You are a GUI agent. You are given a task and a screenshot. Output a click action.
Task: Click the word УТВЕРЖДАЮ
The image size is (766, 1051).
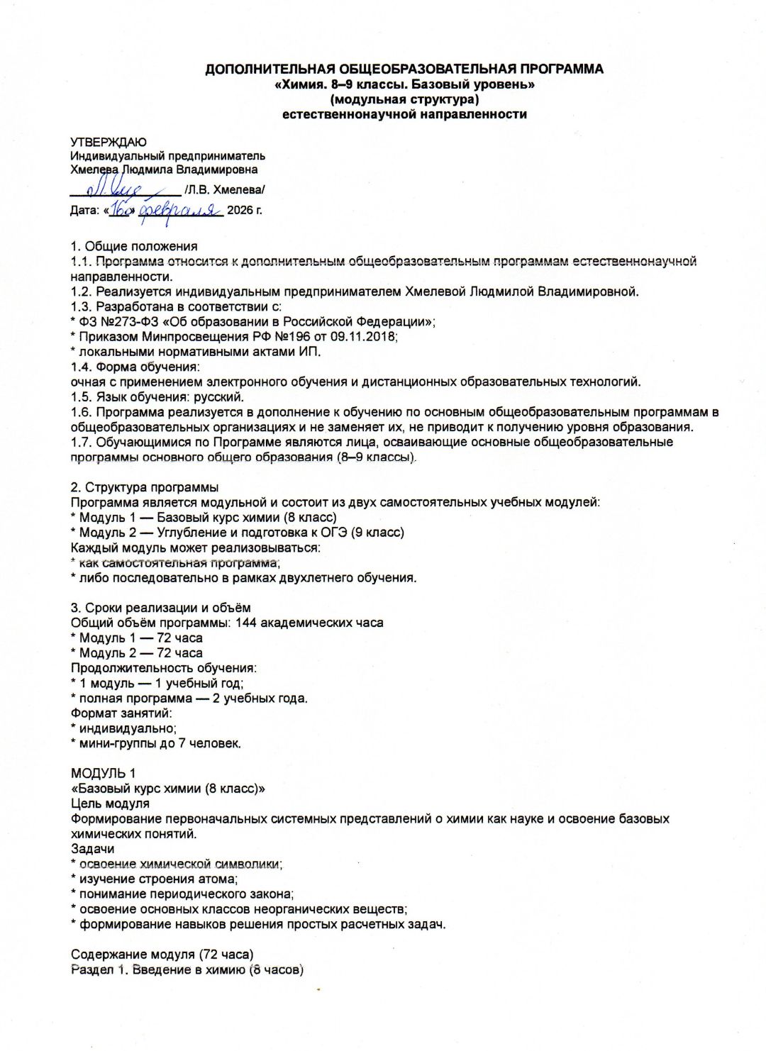coord(109,142)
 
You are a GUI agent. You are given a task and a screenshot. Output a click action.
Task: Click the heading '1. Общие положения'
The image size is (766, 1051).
coord(134,246)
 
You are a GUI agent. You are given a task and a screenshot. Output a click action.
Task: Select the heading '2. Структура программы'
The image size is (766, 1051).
coord(145,487)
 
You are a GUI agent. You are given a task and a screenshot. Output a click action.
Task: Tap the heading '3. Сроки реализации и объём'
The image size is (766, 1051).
coord(160,608)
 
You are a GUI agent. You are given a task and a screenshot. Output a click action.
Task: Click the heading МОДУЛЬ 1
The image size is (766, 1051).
coord(103,773)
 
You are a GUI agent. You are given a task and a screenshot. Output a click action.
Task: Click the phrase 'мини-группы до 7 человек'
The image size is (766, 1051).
coord(160,743)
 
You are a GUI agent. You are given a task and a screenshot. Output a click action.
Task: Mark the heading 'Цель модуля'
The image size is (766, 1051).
coord(110,803)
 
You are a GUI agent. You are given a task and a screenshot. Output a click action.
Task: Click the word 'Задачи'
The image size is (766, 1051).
coord(92,849)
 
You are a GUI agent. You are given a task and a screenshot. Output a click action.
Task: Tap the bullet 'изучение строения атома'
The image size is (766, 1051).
coord(158,879)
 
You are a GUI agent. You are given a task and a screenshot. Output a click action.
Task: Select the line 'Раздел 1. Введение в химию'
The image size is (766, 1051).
coord(187,969)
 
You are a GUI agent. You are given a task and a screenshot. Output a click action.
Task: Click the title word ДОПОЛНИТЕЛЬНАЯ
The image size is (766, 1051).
coord(270,69)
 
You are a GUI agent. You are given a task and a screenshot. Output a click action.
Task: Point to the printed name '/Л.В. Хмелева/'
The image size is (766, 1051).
coord(224,190)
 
